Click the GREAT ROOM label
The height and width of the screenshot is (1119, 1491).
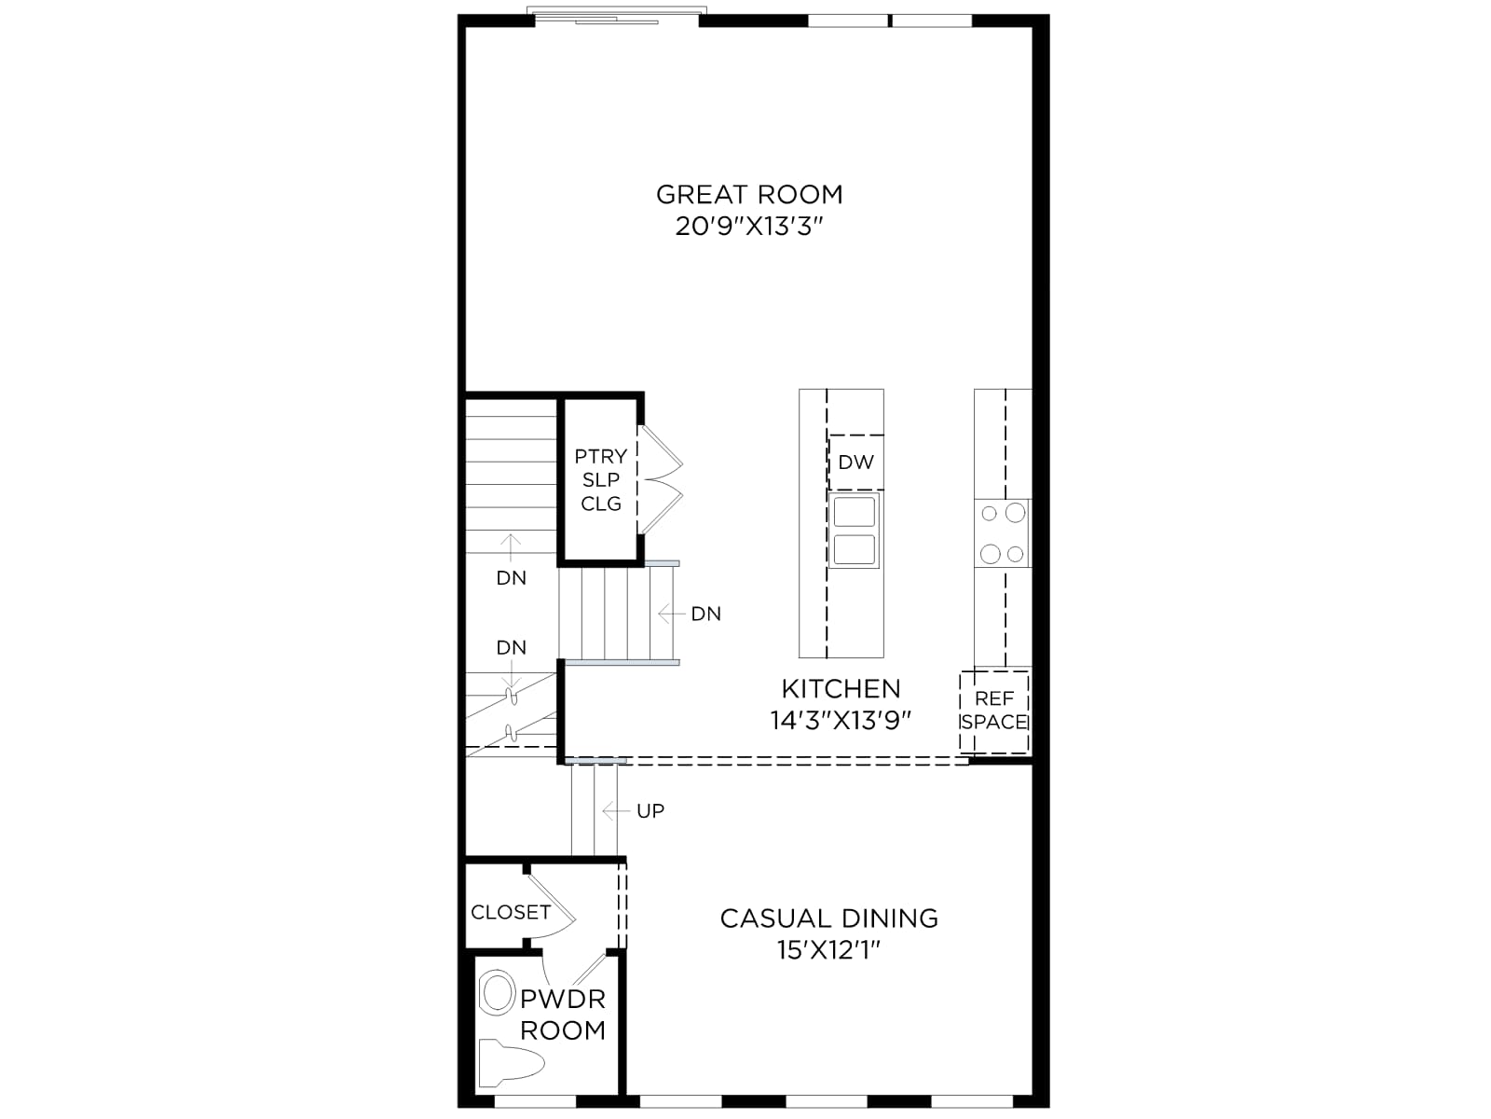coord(749,195)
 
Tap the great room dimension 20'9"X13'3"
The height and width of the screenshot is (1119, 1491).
coord(749,227)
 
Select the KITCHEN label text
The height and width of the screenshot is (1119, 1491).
coord(841,689)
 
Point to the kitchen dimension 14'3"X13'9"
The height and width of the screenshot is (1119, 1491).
coord(841,720)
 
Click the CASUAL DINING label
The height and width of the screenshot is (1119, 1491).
coord(829,919)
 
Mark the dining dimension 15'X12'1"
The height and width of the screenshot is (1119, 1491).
coord(829,950)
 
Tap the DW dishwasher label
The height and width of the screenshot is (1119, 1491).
coord(855,463)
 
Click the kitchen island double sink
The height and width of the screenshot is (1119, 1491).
coord(855,531)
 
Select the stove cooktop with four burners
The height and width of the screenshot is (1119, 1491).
coord(1003,533)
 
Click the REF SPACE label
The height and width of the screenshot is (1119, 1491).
coord(993,710)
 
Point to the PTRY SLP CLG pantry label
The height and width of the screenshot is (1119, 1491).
coord(600,479)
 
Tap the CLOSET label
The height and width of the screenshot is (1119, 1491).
coord(511,912)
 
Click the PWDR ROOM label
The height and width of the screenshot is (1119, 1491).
coord(563,1015)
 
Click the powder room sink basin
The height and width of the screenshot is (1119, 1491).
coord(498,993)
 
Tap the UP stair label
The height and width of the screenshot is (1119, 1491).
coord(650,810)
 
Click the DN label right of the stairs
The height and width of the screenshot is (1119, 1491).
coord(705,615)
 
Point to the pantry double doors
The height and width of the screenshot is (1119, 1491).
coord(661,479)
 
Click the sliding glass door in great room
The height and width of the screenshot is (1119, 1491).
coord(617,16)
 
